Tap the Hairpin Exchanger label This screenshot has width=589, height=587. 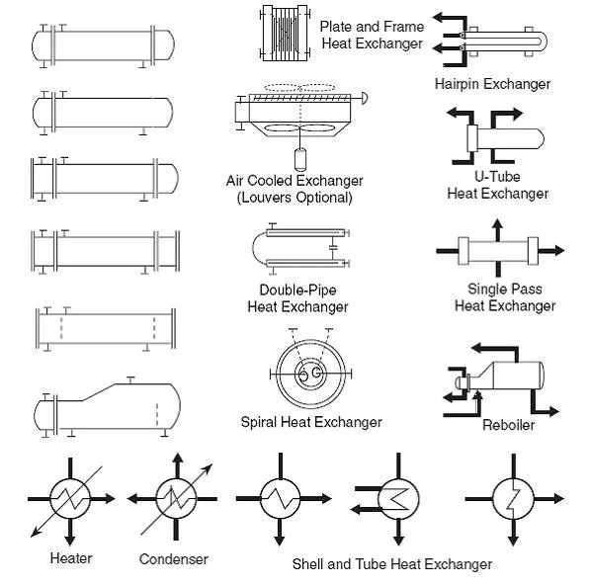point(492,84)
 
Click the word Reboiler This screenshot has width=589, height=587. point(508,425)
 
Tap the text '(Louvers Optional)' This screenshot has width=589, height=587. point(294,197)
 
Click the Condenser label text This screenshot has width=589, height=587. point(174,559)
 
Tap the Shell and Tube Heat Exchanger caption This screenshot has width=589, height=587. point(391,564)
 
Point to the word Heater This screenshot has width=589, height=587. point(71,558)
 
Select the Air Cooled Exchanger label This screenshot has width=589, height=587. point(294,181)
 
